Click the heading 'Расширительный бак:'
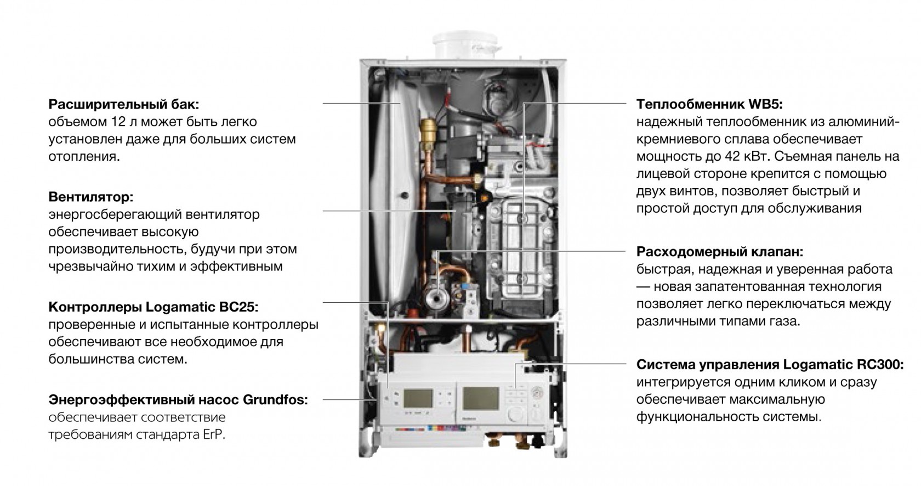tap(124, 104)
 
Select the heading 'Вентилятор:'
tap(91, 197)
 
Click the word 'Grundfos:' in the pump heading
tap(275, 399)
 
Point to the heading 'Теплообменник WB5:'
tap(709, 104)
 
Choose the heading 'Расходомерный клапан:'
tap(720, 251)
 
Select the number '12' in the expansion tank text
tap(120, 122)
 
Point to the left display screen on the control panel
tap(418, 398)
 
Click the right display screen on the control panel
tap(481, 398)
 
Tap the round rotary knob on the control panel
tap(516, 414)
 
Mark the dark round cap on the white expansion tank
tap(404, 195)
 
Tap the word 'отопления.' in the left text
tap(84, 157)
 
